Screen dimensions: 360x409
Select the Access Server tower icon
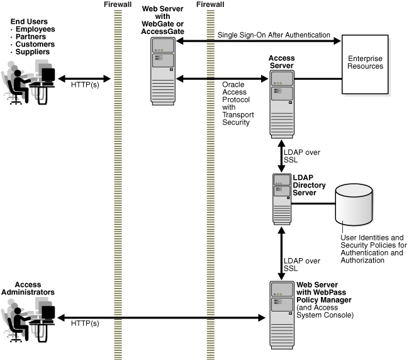(282, 99)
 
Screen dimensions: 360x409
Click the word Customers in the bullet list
(35, 44)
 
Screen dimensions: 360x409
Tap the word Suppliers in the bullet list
(34, 52)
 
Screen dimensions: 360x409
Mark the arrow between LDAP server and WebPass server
(281, 256)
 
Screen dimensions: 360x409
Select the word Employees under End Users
(35, 30)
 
